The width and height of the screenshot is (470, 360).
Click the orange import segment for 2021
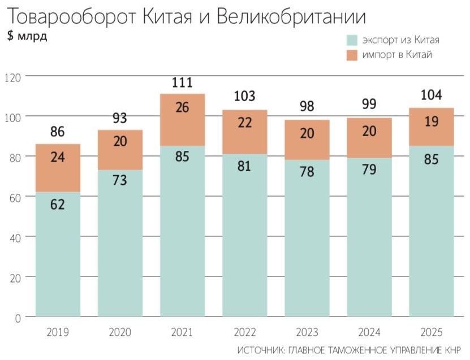tap(182, 120)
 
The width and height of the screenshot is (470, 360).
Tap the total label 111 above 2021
tap(182, 83)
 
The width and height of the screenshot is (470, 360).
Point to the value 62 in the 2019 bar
tap(58, 205)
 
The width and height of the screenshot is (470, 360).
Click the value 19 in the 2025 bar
tap(432, 122)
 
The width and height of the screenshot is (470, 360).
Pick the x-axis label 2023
tap(307, 332)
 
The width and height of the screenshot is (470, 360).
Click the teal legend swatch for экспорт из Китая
tap(352, 40)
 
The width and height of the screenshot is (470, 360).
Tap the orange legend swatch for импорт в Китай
tap(352, 55)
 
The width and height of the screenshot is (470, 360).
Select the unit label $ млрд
tap(27, 37)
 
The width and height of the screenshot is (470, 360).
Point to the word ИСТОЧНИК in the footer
tap(261, 349)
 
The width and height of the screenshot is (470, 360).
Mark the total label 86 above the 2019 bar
tap(58, 132)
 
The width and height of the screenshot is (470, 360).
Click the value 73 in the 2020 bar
tap(119, 180)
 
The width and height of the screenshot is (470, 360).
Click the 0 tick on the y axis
tap(16, 318)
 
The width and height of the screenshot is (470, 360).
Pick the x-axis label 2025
tap(432, 332)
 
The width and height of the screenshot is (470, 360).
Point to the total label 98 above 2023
tap(307, 107)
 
